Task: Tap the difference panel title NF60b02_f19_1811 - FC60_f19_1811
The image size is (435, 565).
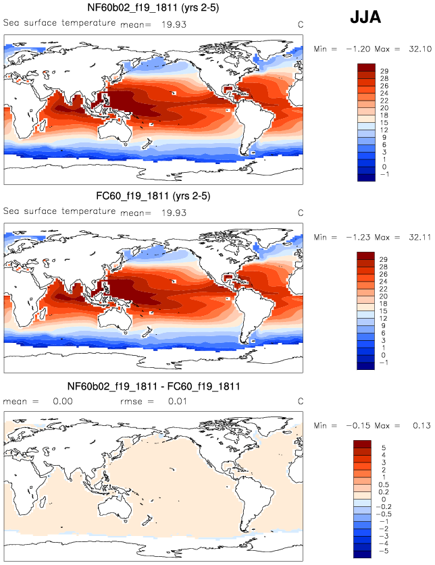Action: (x=154, y=387)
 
